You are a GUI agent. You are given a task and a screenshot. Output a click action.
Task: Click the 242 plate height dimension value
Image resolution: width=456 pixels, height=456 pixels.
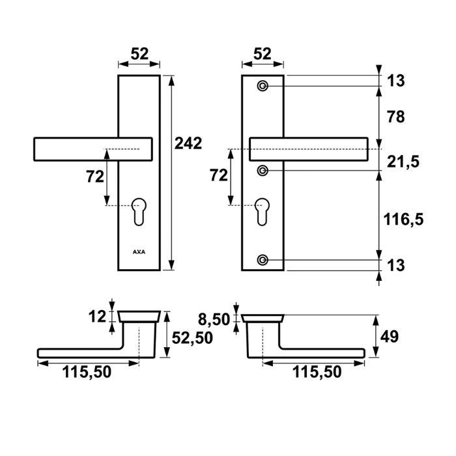(x=189, y=143)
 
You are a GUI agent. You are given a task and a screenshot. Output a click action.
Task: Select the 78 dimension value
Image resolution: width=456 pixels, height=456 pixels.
(x=395, y=117)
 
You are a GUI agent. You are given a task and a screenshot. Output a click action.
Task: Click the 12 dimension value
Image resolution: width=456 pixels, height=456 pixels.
(x=97, y=317)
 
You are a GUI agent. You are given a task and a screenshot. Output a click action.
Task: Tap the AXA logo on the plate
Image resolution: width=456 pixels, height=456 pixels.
(x=139, y=250)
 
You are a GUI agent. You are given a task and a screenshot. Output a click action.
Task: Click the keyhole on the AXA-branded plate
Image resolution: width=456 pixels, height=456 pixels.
(x=139, y=210)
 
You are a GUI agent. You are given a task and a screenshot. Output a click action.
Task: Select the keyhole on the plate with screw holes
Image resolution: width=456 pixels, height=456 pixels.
(x=263, y=210)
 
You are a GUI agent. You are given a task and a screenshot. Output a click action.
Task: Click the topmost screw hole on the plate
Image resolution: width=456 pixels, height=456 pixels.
(x=263, y=86)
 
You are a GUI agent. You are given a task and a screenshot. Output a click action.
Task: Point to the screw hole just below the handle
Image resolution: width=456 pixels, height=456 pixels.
(x=263, y=171)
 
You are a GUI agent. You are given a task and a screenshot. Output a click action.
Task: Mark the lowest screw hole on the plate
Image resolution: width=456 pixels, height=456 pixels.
(x=263, y=260)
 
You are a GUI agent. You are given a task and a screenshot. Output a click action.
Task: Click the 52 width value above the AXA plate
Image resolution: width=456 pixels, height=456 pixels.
(x=139, y=54)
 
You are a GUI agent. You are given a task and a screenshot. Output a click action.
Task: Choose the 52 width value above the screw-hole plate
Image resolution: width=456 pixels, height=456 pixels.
(x=262, y=54)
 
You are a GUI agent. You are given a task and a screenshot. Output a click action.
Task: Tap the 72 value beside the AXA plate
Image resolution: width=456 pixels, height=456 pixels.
(x=94, y=176)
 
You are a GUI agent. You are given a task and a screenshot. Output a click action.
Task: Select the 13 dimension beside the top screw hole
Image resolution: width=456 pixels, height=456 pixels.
(x=395, y=81)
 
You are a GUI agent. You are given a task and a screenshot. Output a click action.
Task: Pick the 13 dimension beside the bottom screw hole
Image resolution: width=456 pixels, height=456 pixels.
(x=395, y=265)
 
